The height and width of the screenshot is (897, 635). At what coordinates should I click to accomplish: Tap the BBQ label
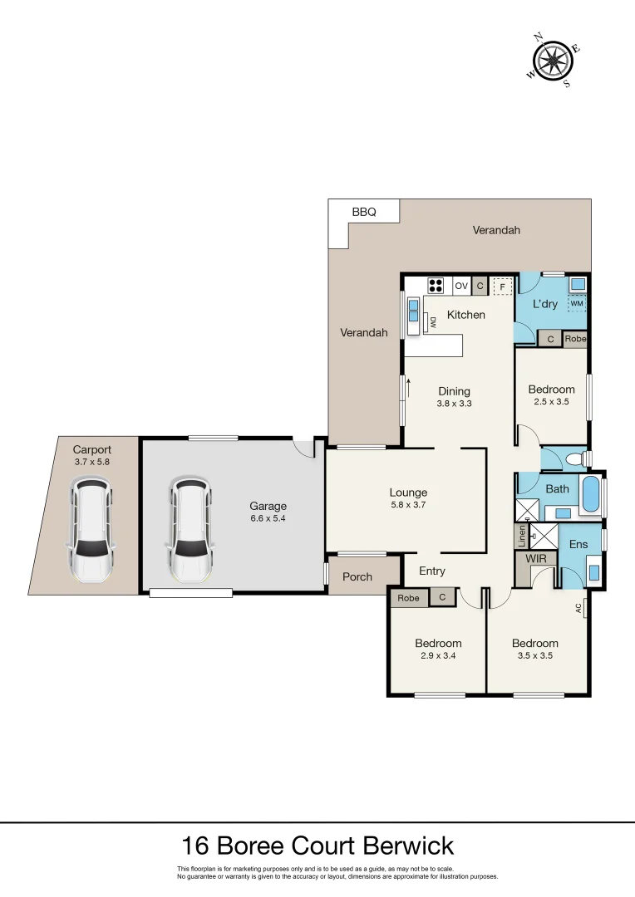point(364,212)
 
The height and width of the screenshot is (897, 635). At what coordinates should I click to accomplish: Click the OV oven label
point(461,286)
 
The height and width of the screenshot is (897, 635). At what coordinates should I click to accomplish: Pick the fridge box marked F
point(500,287)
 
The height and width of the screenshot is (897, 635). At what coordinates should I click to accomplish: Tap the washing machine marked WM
point(577,304)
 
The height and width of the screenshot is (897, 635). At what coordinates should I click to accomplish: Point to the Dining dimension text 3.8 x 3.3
point(455,404)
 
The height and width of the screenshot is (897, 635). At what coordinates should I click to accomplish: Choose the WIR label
point(537,559)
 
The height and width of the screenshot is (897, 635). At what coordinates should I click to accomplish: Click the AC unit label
point(578,608)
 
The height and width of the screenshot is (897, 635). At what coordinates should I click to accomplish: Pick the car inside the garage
point(190,528)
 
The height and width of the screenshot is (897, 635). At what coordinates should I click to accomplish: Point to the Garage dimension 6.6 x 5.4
point(268,519)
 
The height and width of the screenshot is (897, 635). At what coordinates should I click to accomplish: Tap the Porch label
point(357,576)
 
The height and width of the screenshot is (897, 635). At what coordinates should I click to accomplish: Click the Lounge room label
point(408,493)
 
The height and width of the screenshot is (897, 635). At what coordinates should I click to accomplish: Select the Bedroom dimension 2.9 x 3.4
point(438,655)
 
